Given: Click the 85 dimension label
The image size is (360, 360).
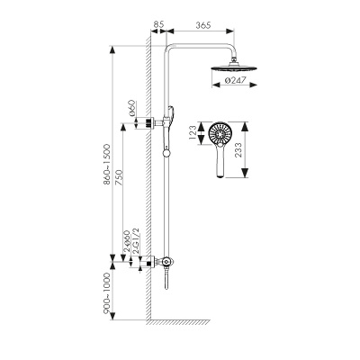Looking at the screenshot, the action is pos(158,24).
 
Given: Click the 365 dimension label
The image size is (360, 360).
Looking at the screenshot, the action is pos(203,25).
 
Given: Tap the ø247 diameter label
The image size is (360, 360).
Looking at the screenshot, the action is pos(235,80).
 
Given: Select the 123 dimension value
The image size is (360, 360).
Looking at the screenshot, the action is pos(193,133).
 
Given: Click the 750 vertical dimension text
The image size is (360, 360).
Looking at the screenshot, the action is pos(119,178).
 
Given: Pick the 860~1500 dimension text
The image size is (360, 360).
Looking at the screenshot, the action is pos(107,165).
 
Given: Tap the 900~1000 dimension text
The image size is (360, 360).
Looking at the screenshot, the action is pos(107,293).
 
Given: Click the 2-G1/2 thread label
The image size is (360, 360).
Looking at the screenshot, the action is pos(136,241).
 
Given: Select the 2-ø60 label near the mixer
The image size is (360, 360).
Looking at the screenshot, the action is pos(126,242).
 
